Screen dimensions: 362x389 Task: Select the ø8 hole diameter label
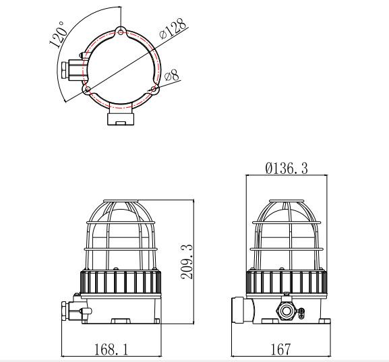click(x=171, y=74)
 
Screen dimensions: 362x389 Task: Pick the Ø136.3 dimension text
click(x=287, y=168)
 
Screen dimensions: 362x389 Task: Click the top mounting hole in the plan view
click(x=120, y=31)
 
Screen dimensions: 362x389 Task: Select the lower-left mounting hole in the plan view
click(x=86, y=88)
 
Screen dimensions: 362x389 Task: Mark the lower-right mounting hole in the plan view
click(x=154, y=88)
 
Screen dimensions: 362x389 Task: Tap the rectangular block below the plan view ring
click(x=120, y=118)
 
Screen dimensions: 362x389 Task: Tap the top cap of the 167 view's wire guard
click(x=287, y=202)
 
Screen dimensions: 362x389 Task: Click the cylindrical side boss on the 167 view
click(x=239, y=311)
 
